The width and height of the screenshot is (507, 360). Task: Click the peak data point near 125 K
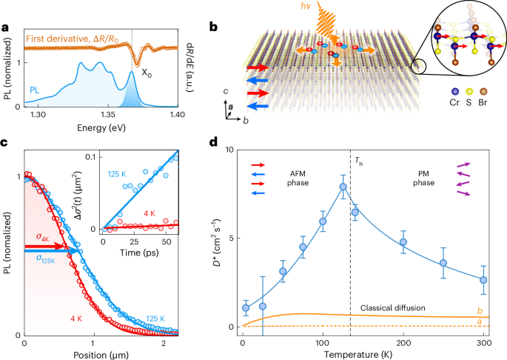(x=343, y=187)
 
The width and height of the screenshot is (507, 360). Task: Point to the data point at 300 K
(x=483, y=280)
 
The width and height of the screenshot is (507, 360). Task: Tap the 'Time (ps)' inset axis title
(x=138, y=252)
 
